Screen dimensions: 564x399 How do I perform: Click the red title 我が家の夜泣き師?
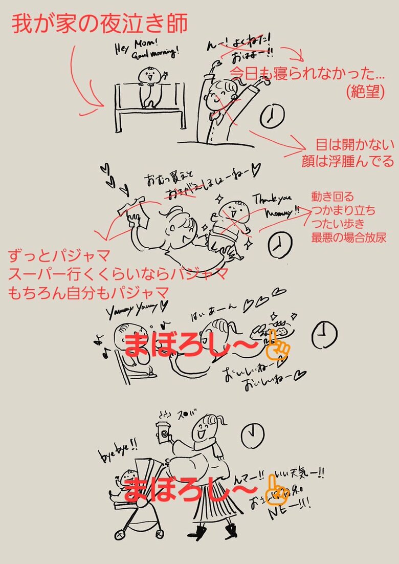(x=100, y=24)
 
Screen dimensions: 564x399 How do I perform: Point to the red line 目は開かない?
(x=356, y=145)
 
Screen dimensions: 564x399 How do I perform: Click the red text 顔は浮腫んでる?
(x=347, y=162)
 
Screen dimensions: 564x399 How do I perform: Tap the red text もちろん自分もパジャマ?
(x=88, y=293)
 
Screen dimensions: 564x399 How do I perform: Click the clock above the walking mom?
(x=251, y=435)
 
